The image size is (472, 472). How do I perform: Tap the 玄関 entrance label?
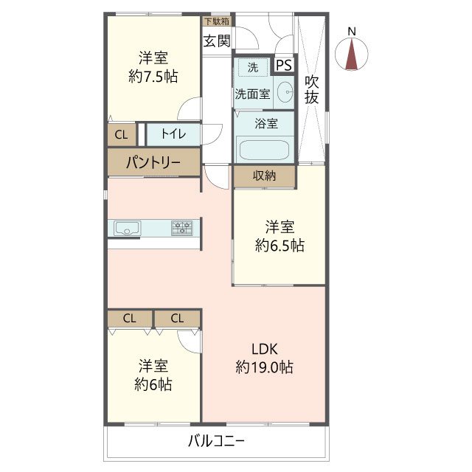216,41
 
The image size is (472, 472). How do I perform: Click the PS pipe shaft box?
283,66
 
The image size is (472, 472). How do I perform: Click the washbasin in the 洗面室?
285,93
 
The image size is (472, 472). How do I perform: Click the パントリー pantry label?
153,162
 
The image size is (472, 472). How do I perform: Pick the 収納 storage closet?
264,176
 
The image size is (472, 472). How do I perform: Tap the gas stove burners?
182,228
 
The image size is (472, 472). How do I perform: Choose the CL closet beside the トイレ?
121,134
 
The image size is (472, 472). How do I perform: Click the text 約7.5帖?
153,76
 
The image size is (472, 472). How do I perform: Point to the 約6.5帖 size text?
280,246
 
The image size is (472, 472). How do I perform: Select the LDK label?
265,349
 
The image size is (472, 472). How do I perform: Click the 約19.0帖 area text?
265,367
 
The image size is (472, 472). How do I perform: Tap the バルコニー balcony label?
215,442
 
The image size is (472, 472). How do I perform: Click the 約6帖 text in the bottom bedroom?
153,384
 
